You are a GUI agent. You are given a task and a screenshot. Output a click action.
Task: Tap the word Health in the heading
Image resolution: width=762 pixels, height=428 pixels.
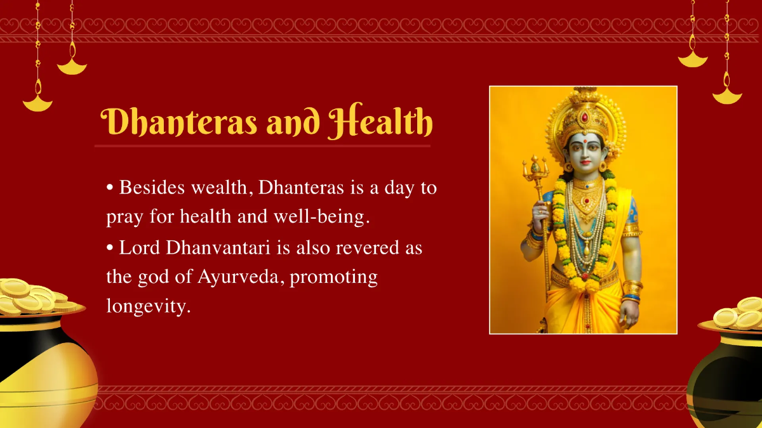(x=380, y=122)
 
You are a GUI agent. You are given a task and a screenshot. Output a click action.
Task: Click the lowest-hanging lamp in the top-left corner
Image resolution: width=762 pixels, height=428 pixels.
(x=37, y=102)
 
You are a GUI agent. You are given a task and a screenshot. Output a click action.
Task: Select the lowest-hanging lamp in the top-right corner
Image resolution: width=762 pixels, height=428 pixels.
(x=727, y=96)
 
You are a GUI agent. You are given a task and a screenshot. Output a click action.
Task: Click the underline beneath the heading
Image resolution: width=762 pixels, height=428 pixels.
(x=262, y=146)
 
